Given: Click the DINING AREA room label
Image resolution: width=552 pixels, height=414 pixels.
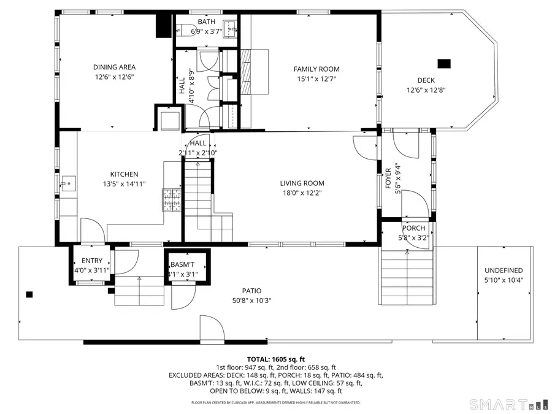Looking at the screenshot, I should pos(114,67).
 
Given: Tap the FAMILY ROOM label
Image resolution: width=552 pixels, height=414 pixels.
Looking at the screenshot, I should pos(316,69).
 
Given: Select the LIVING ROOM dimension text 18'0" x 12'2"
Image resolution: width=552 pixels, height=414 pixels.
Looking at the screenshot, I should pos(302,193).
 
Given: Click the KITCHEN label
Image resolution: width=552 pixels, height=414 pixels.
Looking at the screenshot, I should pos(124,174).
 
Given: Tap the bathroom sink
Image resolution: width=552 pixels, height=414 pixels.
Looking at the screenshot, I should pos(229,27).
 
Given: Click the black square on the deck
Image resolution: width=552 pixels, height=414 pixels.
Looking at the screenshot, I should pos(444,63).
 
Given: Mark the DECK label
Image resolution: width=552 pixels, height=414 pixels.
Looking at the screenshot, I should pos(426,80).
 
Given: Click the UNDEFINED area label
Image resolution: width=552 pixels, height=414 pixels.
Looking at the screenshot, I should pos(504,270).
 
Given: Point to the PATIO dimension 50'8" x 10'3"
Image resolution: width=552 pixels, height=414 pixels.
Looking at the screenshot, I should pos(251,301).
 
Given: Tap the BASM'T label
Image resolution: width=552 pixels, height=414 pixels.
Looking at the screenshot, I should pos(182,265).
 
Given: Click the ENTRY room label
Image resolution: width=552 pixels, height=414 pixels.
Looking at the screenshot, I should pos(92,261).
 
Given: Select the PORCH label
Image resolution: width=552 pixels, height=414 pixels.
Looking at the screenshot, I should pos(413,228).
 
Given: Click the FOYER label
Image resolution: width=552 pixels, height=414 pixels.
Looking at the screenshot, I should pos(388,178).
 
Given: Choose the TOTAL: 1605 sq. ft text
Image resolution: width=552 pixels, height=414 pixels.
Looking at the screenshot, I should pos(275,359).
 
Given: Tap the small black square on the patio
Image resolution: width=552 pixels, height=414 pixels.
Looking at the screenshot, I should pos(29,294).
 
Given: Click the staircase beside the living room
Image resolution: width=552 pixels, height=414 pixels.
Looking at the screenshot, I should pos(199,196).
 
